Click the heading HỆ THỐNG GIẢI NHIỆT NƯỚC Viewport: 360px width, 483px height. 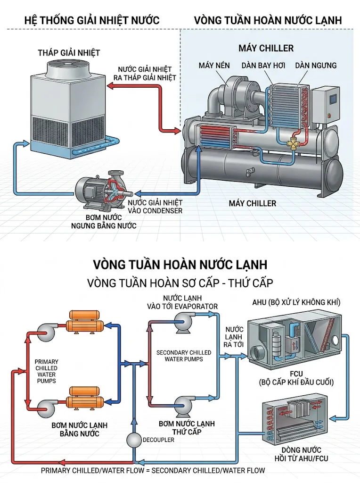[91, 20]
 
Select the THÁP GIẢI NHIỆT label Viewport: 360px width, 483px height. [69, 52]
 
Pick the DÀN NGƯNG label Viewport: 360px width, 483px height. [316, 65]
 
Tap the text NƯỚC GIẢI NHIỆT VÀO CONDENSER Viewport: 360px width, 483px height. [155, 206]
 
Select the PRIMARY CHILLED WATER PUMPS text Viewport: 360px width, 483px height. [46, 371]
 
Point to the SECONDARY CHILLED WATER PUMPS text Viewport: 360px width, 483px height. [184, 356]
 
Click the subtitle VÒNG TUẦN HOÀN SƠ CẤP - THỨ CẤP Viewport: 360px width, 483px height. [180, 283]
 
